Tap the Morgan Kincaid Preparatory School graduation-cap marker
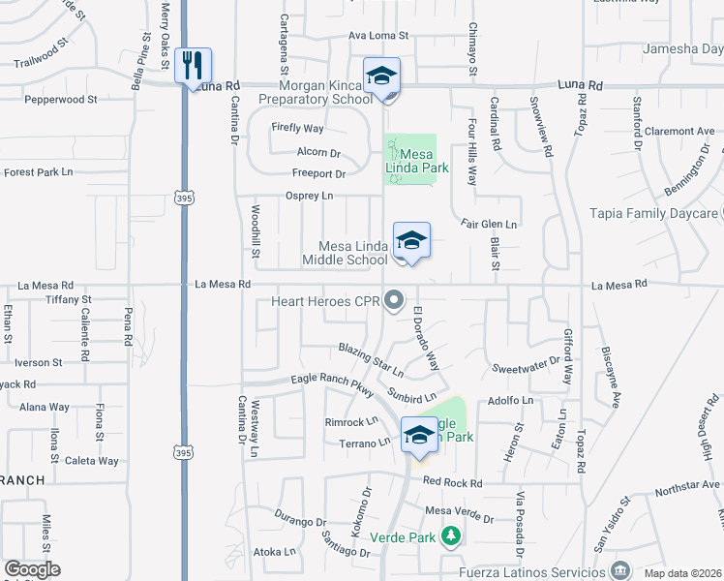[x=381, y=76]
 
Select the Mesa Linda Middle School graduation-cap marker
[x=411, y=240]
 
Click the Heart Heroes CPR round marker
[x=393, y=302]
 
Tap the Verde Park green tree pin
[x=449, y=535]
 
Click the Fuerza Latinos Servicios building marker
[x=618, y=571]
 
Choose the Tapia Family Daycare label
[x=655, y=213]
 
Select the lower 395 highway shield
[x=183, y=452]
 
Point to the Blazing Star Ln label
[x=370, y=359]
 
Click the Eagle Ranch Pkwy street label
[x=332, y=384]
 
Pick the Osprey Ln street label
[x=309, y=196]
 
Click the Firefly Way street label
[x=297, y=128]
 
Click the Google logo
[x=32, y=569]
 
